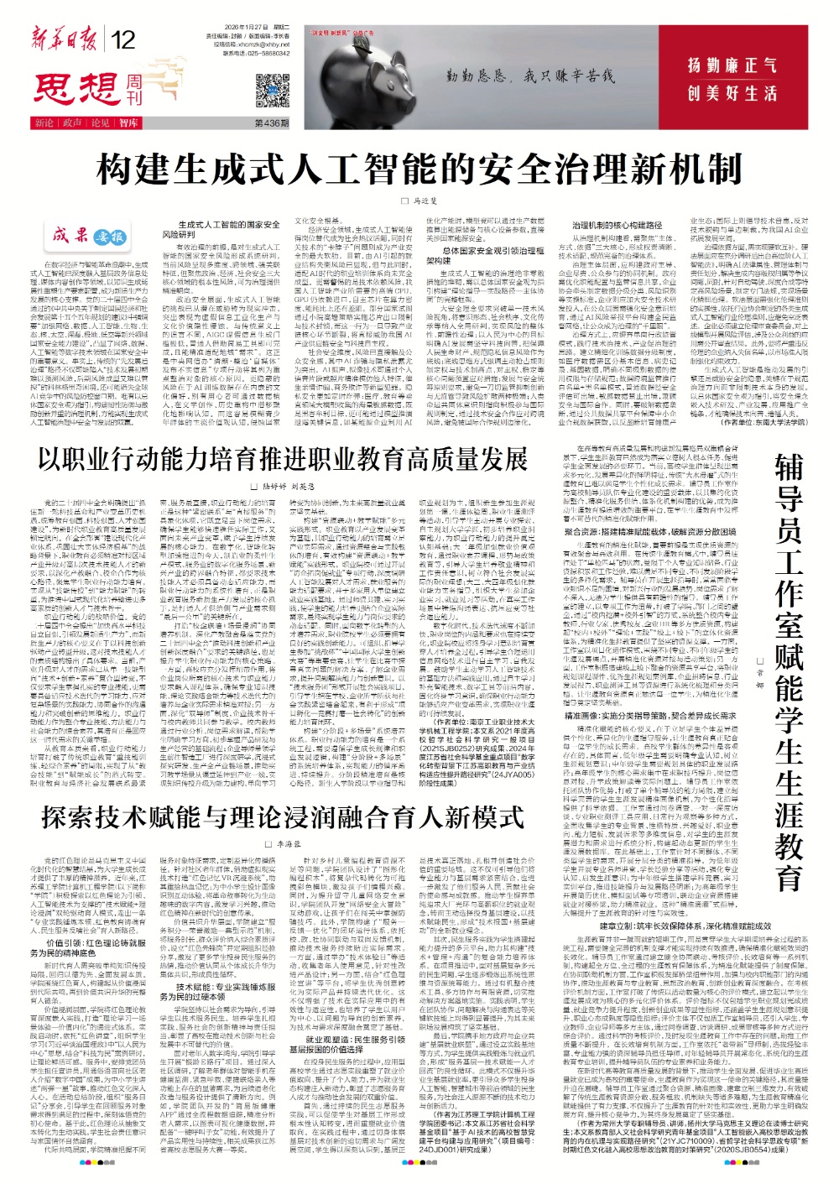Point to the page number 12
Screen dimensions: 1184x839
coord(122,40)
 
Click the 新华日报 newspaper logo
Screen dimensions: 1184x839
coord(65,39)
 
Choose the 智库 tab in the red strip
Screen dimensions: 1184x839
coord(128,123)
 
